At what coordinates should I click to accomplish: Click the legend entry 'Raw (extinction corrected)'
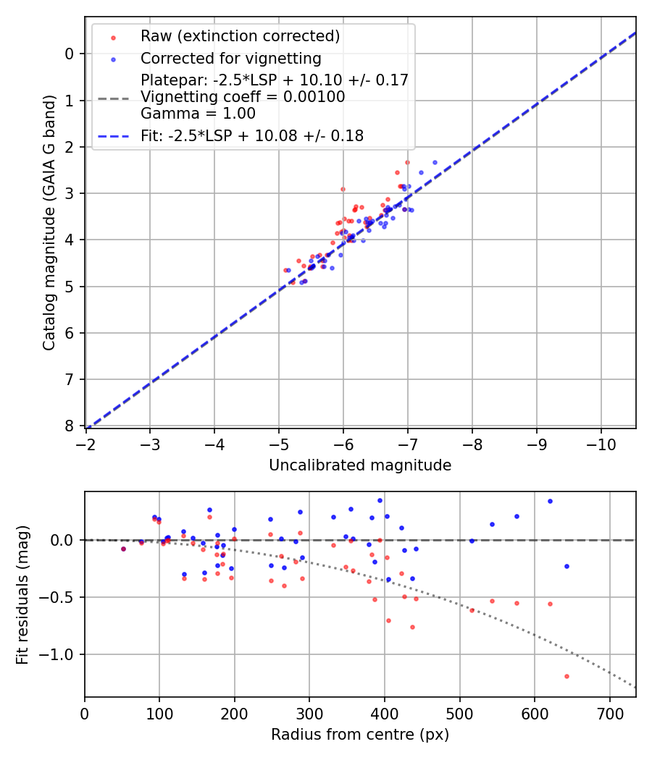click(240, 36)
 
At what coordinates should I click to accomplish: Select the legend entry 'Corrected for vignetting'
click(231, 58)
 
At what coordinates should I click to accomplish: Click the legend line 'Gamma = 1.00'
click(198, 113)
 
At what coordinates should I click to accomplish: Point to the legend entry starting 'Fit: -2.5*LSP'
click(251, 135)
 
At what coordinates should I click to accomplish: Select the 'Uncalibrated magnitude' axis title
click(360, 465)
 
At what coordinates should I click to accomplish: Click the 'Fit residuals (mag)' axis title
click(22, 594)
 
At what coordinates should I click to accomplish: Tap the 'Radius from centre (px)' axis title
click(360, 735)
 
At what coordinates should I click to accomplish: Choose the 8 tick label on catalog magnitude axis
click(70, 426)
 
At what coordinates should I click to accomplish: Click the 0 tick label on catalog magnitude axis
click(70, 54)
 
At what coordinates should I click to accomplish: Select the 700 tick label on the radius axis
click(609, 713)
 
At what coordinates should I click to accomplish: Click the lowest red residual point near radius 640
click(567, 676)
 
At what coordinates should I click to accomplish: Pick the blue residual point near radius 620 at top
click(550, 501)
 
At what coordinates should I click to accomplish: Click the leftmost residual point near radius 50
click(123, 549)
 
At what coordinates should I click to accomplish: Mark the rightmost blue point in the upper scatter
click(435, 163)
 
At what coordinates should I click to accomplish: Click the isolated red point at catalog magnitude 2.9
click(343, 189)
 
